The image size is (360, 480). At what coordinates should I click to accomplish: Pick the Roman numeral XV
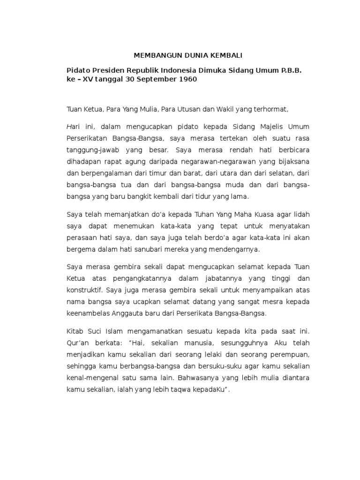(89, 80)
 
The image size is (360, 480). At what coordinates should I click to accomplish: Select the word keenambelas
(87, 312)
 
